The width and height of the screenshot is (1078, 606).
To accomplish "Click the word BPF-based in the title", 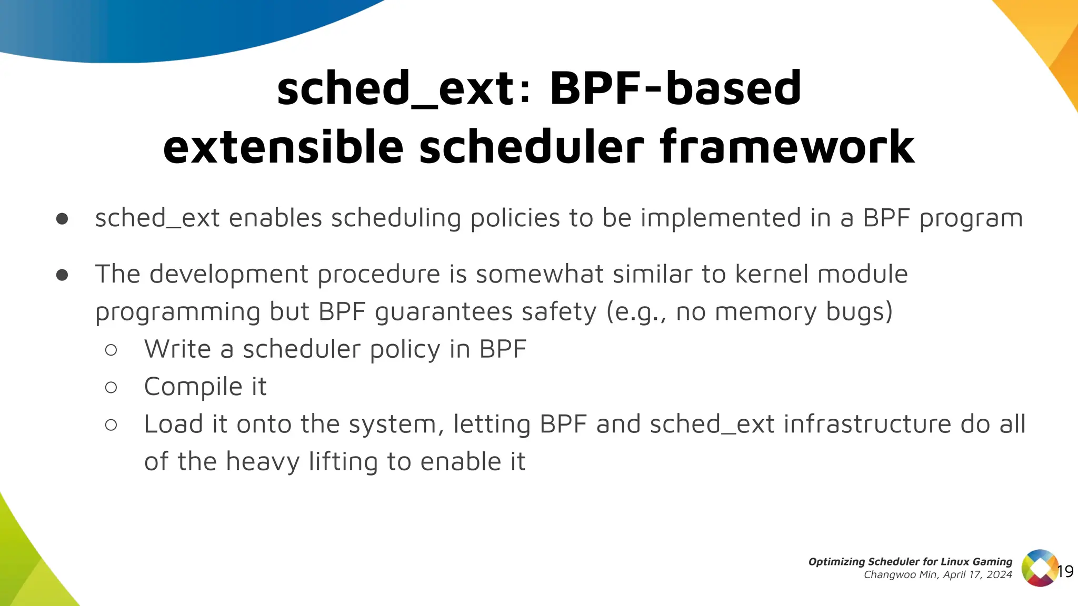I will (675, 88).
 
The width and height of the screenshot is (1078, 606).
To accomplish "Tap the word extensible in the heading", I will (283, 147).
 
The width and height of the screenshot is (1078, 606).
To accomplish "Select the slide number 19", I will (1065, 572).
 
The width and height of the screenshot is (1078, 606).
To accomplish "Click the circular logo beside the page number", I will (1040, 568).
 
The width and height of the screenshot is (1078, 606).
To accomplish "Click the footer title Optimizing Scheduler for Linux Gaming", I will (910, 561).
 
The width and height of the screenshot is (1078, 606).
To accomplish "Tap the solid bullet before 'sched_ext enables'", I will (62, 219).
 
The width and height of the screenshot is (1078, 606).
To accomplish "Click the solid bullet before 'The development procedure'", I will (62, 275).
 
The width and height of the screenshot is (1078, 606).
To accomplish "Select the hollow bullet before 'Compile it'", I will (111, 388).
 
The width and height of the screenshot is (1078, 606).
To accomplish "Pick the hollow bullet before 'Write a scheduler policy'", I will (111, 350).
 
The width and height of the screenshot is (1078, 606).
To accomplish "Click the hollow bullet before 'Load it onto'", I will (111, 425).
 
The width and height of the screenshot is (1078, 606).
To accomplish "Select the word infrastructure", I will (867, 425).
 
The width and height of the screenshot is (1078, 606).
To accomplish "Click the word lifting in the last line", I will (343, 462).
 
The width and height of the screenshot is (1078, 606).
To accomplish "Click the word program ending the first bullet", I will (971, 219).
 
